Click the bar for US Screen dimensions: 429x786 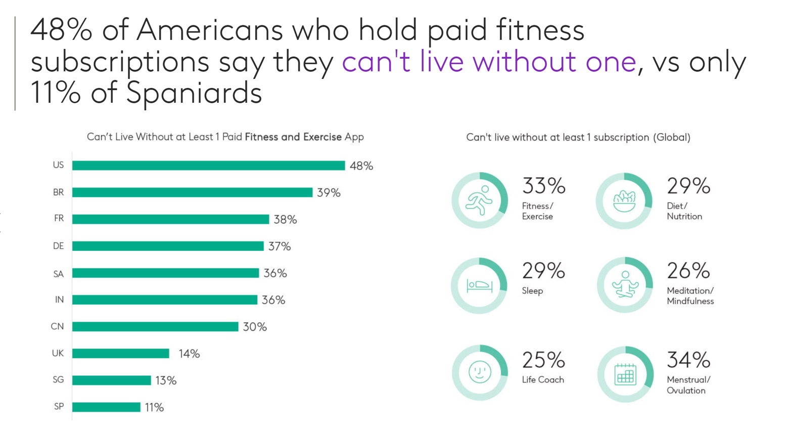(x=208, y=165)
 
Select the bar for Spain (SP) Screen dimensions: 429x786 (x=106, y=407)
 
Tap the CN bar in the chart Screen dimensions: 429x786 (x=155, y=327)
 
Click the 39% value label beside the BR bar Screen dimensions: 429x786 (x=329, y=193)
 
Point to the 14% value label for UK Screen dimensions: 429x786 (x=189, y=354)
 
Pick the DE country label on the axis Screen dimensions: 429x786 (x=59, y=246)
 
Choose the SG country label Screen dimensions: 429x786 (x=58, y=380)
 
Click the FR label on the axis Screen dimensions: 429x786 (x=59, y=219)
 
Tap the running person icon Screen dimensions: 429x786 (x=479, y=200)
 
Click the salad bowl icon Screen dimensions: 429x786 (x=624, y=201)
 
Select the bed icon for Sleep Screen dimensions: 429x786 (x=479, y=286)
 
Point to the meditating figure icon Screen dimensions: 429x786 (x=625, y=285)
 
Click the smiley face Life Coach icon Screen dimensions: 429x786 (x=479, y=372)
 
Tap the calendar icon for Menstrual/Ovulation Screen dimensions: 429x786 (x=625, y=375)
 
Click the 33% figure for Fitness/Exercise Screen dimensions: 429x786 (x=543, y=186)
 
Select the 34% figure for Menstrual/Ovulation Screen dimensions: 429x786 (x=688, y=360)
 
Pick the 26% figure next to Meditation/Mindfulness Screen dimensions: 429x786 (x=688, y=271)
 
